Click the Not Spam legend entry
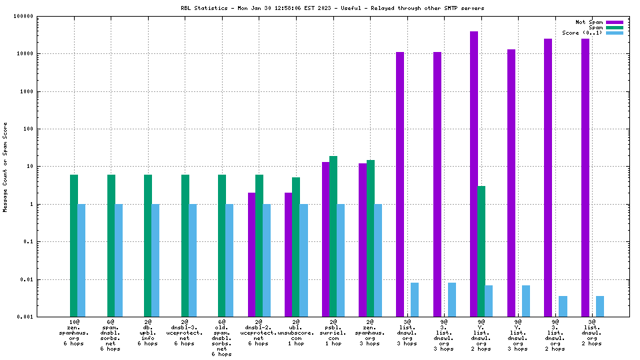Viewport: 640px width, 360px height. coord(589,22)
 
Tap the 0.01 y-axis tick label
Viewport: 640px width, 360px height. coord(43,279)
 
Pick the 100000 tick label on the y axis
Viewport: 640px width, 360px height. coord(40,16)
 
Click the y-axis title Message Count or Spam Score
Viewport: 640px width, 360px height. coord(6,167)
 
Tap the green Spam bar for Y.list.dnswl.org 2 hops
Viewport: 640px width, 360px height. coord(481,251)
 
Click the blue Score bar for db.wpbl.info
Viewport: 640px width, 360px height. coord(155,260)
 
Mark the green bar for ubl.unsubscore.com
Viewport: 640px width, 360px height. coord(296,247)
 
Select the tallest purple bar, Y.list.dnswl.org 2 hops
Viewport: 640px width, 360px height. coord(474,173)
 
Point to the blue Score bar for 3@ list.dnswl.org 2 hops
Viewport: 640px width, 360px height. coord(600,306)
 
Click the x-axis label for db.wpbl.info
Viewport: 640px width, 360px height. coord(148,333)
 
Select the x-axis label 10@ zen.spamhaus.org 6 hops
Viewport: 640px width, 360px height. coord(74,333)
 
